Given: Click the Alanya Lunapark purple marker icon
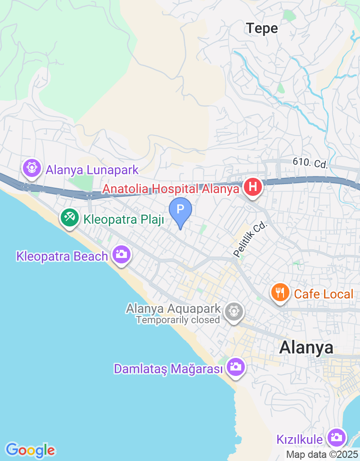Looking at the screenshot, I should [x=31, y=168].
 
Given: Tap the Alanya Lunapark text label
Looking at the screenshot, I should [x=91, y=170].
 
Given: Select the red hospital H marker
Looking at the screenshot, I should [x=253, y=187].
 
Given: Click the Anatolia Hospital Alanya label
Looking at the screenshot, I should [x=171, y=189].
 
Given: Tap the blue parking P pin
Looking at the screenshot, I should [x=180, y=210].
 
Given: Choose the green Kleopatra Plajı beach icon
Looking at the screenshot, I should [x=69, y=218].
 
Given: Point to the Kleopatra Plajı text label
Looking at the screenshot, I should [x=123, y=220].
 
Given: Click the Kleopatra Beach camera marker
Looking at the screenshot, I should [x=121, y=255].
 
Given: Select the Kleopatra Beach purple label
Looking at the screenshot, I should [x=62, y=256].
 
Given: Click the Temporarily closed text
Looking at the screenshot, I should [x=178, y=320].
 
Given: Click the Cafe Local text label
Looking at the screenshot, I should [x=323, y=294].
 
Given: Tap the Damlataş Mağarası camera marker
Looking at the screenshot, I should [x=235, y=367].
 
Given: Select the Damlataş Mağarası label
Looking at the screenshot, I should [x=169, y=369].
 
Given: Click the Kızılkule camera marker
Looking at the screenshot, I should [x=336, y=437].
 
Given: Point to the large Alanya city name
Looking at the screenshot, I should [x=306, y=348].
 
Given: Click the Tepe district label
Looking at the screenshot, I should [x=262, y=28].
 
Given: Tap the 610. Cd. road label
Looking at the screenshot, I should [x=310, y=163].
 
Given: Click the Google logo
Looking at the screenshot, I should [x=30, y=450].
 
